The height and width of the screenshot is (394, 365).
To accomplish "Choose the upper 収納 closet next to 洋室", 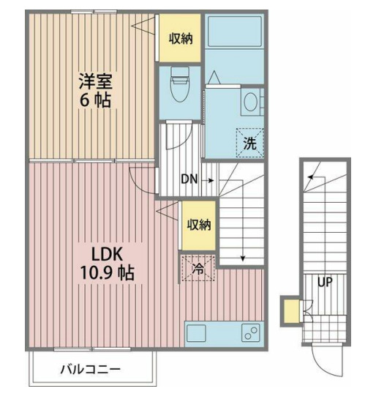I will coord(181,39).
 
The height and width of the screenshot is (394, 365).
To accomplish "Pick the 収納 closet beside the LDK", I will coord(197,225).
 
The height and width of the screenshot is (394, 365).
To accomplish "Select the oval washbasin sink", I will coord(251,102).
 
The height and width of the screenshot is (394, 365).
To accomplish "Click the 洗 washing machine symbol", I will coord(249,143).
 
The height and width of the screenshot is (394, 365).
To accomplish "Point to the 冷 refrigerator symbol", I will coord(197,269).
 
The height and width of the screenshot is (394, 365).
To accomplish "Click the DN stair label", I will coord(189,178).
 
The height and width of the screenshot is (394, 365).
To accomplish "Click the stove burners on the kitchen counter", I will coord(249,333).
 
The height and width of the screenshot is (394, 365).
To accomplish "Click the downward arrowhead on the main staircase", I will coord(242,259).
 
